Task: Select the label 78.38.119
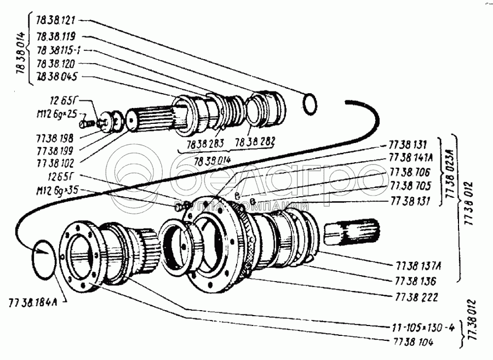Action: tap(56, 37)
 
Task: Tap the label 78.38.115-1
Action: tap(60, 50)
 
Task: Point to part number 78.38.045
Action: tap(56, 76)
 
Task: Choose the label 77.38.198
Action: tap(56, 138)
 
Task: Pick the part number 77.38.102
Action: tap(56, 162)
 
